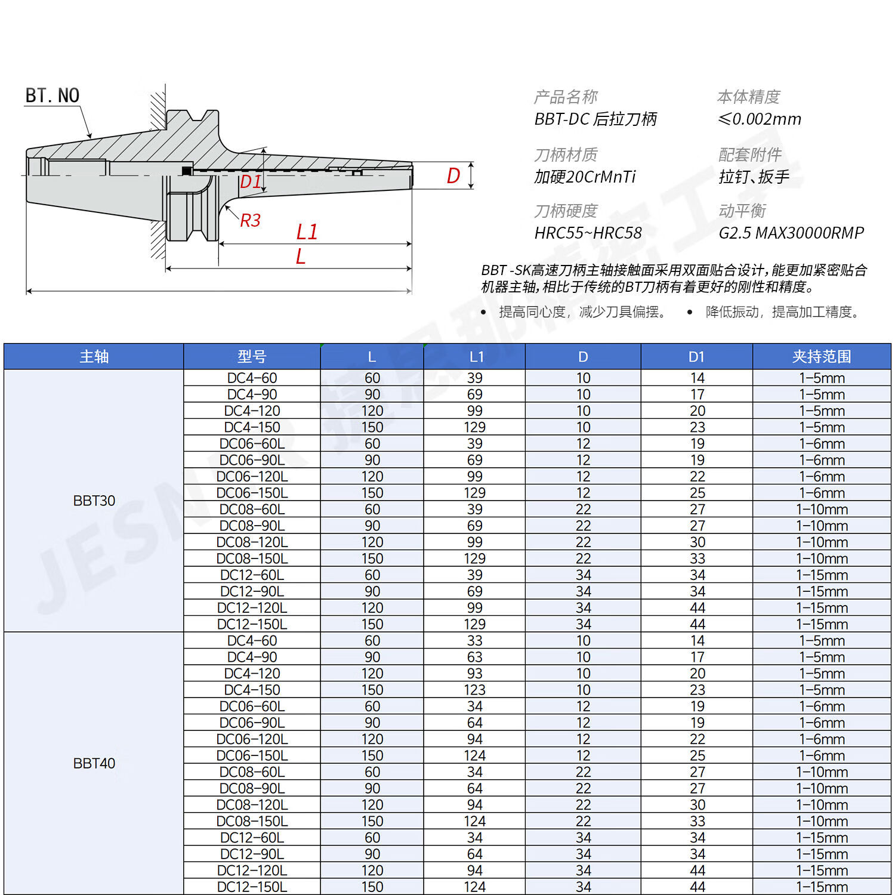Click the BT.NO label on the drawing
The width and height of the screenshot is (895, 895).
(53, 95)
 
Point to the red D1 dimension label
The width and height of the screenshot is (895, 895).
(251, 181)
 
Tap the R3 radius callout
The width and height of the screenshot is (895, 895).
(251, 221)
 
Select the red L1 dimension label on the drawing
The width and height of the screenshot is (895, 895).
(307, 232)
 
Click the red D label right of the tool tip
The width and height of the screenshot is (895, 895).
(453, 175)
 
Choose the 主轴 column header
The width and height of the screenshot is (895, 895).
(94, 357)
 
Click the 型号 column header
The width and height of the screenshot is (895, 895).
(252, 357)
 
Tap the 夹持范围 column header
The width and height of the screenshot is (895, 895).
(822, 357)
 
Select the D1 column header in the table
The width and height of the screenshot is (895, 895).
(696, 357)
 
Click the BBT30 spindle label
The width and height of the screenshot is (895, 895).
(94, 501)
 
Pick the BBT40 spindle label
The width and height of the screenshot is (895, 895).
(94, 763)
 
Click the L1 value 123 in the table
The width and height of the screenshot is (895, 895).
(475, 690)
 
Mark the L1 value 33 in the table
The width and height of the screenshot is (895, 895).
(475, 641)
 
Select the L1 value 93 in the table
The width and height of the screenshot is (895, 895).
(475, 674)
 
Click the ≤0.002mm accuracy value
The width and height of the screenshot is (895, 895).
(760, 119)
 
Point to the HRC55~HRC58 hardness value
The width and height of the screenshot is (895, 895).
(588, 233)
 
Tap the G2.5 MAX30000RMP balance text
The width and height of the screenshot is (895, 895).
(791, 233)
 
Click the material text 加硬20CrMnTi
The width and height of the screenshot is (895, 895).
(585, 177)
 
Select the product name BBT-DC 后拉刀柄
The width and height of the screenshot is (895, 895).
(595, 119)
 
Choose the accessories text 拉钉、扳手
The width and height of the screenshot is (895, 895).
(754, 177)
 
